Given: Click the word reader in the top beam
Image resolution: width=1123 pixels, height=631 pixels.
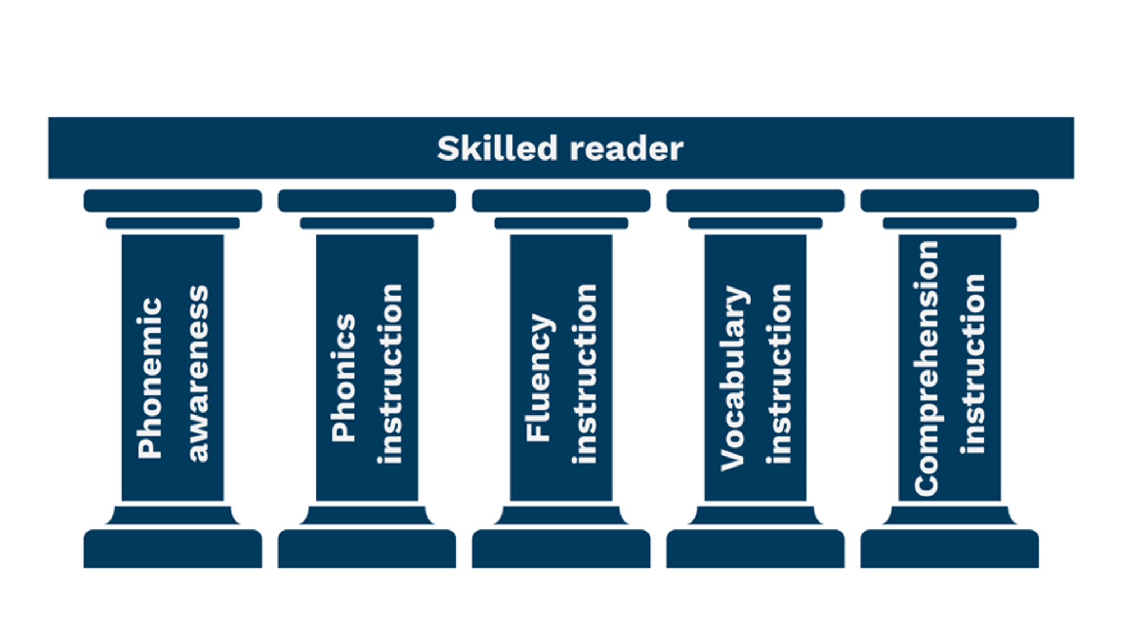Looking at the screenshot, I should pos(627,149).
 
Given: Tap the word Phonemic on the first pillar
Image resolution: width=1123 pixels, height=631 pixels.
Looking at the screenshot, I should pos(149,378).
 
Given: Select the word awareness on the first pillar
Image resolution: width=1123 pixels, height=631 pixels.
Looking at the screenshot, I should pos(198,374).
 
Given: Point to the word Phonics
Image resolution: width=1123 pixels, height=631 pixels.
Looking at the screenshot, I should pos(344,378).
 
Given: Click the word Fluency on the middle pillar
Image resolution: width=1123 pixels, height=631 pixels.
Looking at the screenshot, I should pos(538,378).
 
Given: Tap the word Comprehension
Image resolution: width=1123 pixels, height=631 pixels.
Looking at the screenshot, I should pos(926,368).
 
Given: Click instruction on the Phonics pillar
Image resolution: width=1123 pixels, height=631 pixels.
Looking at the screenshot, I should pos(390,374).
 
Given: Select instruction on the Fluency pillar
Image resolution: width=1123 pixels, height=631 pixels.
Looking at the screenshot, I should pos(585,374).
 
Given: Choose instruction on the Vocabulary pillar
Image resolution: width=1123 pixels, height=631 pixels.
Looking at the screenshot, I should pos(779,374).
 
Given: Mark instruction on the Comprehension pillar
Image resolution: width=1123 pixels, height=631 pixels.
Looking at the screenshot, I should pos(973,364).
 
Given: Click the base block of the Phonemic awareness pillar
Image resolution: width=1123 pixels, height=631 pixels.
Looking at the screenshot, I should pos(172,548).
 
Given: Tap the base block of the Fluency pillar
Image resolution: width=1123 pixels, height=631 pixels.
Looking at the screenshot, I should pos(561,548).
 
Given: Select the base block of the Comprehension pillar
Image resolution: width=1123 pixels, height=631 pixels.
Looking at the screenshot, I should pos(949,548).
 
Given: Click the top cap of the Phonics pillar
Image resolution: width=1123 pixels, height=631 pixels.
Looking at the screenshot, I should pos(367,200).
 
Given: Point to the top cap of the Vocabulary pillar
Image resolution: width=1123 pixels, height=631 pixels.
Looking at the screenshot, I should pos(755,200).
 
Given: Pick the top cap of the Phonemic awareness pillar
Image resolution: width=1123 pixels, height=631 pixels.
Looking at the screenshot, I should pos(172,200).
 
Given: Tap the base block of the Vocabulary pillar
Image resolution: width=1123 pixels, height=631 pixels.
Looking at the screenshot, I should pos(755,548).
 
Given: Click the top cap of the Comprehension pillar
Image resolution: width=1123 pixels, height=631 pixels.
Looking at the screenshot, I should pos(949,200).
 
